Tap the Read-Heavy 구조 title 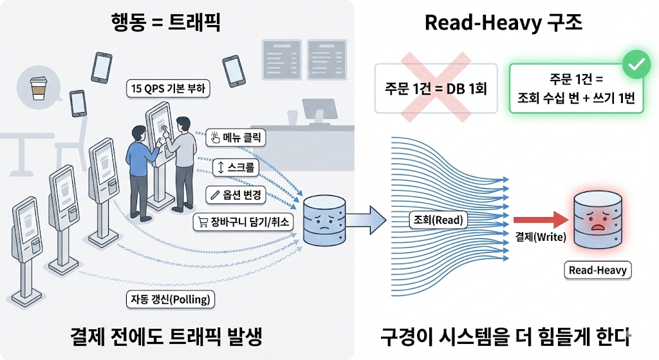[x=503, y=24]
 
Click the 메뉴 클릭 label [x=236, y=137]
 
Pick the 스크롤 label [x=236, y=169]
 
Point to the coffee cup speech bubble [x=42, y=89]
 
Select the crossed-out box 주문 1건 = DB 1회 [x=436, y=88]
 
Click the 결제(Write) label [x=540, y=237]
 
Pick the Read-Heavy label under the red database [x=598, y=270]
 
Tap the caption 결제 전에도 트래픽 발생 [x=167, y=336]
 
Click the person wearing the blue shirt [x=141, y=164]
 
